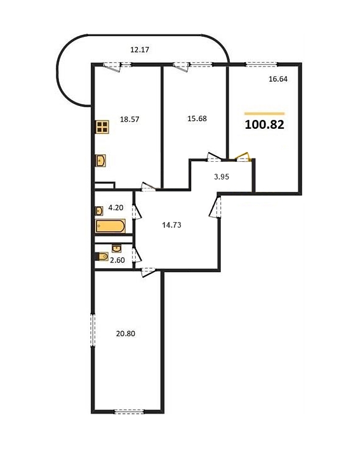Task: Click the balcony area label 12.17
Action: point(140,49)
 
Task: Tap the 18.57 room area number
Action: point(130,119)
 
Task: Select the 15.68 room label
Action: point(197,118)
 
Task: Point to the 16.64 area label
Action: point(278,79)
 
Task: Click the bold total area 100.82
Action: point(264,124)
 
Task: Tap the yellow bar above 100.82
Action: point(264,114)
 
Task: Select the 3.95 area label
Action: point(222,176)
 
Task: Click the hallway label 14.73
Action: point(171,225)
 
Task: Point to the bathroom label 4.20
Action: point(116,207)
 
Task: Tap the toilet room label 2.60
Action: point(117,260)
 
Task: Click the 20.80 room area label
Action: point(126,334)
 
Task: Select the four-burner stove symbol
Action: point(102,127)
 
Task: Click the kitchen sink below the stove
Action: point(100,160)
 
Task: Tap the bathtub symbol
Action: point(110,226)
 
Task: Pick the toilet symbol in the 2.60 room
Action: point(102,256)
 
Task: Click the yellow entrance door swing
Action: point(243,157)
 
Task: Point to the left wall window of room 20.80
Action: point(93,330)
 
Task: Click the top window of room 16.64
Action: point(261,65)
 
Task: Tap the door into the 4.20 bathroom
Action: point(137,211)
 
